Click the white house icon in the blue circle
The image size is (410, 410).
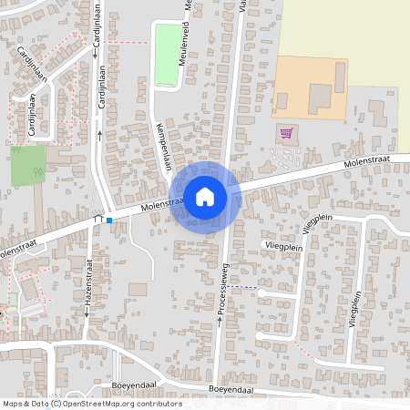click(x=205, y=196)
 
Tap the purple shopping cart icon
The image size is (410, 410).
click(x=286, y=133)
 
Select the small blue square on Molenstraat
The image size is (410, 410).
click(x=109, y=220)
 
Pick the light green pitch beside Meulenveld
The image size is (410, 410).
click(x=168, y=56)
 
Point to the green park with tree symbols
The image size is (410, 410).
click(x=28, y=165)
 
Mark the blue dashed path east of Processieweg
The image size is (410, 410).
click(x=241, y=285)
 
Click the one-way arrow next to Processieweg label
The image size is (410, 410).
click(x=220, y=323)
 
